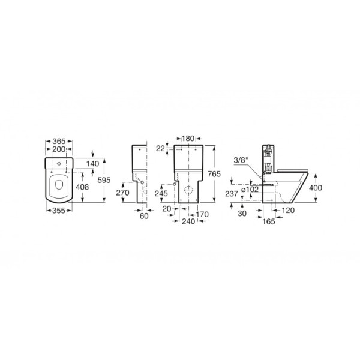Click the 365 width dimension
click(59, 141)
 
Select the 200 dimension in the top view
click(59, 149)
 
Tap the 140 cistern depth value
click(93, 164)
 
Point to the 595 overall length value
click(104, 180)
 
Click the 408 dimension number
click(82, 187)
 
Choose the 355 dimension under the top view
click(59, 211)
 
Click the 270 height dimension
click(122, 193)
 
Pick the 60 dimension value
click(144, 216)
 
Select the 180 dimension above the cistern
click(188, 139)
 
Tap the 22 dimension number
click(160, 149)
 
